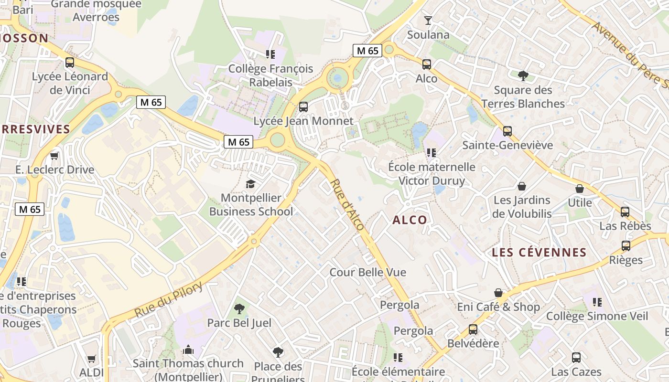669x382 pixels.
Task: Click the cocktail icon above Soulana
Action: (428, 21)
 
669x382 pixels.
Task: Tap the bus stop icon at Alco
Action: (426, 64)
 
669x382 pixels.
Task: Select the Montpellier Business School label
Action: (251, 204)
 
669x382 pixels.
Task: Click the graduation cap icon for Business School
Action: (250, 184)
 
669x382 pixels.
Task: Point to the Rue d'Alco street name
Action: (347, 205)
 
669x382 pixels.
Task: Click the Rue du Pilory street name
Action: (169, 299)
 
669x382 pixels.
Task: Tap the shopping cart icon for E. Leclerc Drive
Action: (54, 156)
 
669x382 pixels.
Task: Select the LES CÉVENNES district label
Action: (539, 253)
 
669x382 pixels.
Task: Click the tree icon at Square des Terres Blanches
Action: (523, 75)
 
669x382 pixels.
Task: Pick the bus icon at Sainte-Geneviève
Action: (507, 131)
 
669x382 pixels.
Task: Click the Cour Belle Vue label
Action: (368, 272)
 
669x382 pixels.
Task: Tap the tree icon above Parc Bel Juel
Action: (239, 309)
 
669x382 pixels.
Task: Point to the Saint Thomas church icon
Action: (188, 350)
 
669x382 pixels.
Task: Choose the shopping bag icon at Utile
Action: (579, 189)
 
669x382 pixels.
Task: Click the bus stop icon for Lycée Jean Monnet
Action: (303, 107)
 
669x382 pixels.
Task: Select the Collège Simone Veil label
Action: (597, 316)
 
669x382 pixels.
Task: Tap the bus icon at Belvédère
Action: (473, 329)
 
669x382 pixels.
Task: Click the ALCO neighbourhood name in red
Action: (410, 220)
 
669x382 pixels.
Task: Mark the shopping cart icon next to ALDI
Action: (91, 359)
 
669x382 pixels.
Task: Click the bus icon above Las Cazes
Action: (576, 357)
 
